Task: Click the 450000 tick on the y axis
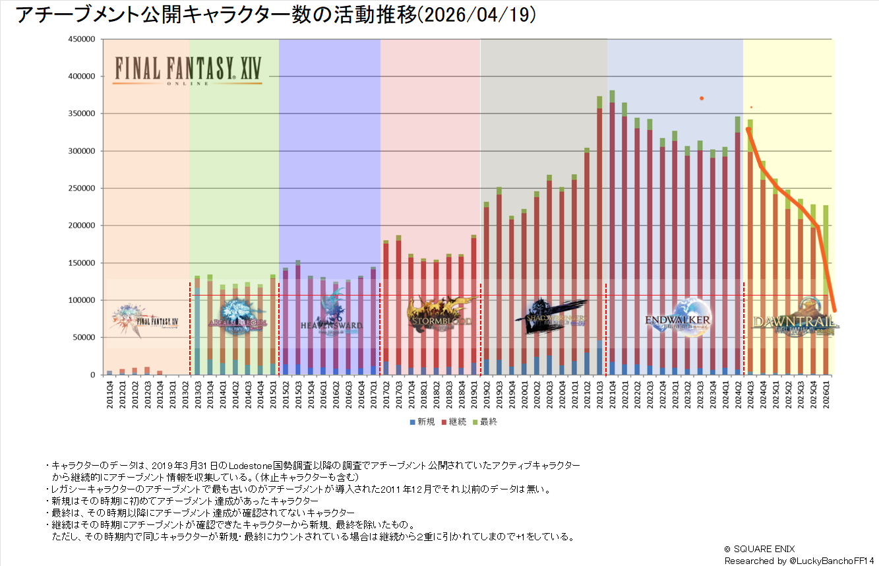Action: coord(82,39)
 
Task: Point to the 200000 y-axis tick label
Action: coord(82,226)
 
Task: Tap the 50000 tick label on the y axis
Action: coord(84,338)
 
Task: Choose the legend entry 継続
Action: coord(454,422)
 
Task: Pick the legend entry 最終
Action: coord(485,422)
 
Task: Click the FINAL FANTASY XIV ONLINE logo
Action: coord(187,69)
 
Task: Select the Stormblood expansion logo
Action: coord(440,315)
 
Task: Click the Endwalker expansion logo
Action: coord(678,319)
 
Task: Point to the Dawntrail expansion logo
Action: coord(795,319)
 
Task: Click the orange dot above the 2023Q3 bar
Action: coord(702,98)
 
